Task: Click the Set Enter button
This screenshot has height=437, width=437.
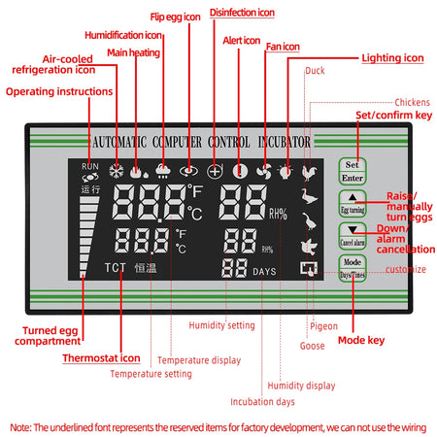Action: [352, 171]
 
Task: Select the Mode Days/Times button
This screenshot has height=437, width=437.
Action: [352, 267]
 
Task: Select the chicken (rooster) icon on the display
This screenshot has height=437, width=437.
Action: [311, 173]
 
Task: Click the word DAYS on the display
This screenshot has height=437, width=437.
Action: [265, 272]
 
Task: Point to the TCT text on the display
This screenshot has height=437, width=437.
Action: [116, 268]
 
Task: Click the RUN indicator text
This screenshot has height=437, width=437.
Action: [90, 166]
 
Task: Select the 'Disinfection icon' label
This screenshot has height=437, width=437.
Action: [242, 13]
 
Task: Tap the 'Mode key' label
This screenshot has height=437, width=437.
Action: [362, 341]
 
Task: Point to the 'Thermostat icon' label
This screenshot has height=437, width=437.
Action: [103, 357]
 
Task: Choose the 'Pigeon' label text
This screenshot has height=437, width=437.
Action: [323, 325]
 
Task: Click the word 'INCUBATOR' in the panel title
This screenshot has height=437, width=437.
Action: [279, 143]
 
